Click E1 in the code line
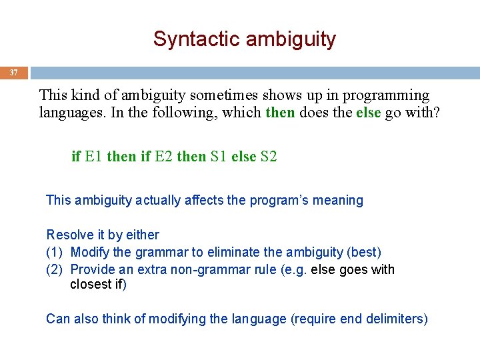click(93, 157)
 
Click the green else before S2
click(243, 157)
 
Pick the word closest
click(91, 285)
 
